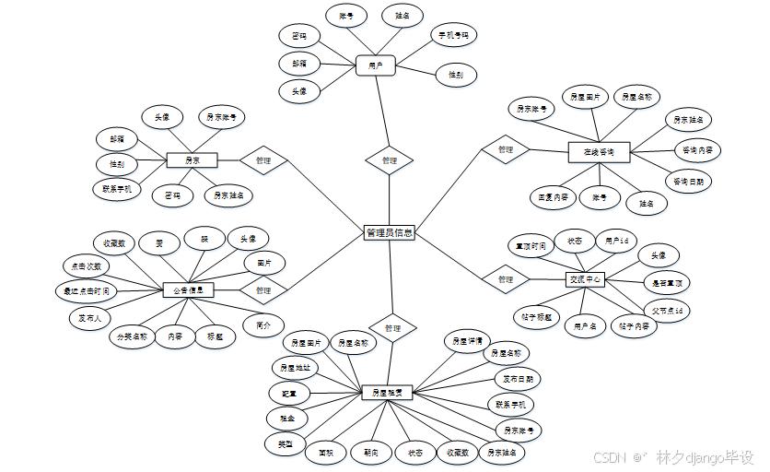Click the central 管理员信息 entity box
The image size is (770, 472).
point(389,233)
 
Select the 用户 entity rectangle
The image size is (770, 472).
point(375,65)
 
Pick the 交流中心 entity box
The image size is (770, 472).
point(585,279)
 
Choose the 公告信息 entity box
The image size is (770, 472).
point(188,289)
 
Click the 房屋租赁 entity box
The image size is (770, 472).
point(387,393)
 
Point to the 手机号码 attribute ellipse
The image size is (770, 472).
point(452,36)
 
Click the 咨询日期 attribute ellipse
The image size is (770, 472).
point(688,182)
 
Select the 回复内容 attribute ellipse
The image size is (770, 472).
point(553,196)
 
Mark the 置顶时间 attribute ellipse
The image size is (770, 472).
point(531,246)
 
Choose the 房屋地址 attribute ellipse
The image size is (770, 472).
point(296,367)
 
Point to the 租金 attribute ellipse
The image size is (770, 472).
point(288,419)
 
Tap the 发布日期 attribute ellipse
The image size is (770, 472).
point(517,378)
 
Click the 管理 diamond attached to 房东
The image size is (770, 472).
point(263,160)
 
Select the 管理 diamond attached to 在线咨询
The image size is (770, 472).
point(505,149)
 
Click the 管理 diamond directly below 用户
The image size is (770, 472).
point(389,160)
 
